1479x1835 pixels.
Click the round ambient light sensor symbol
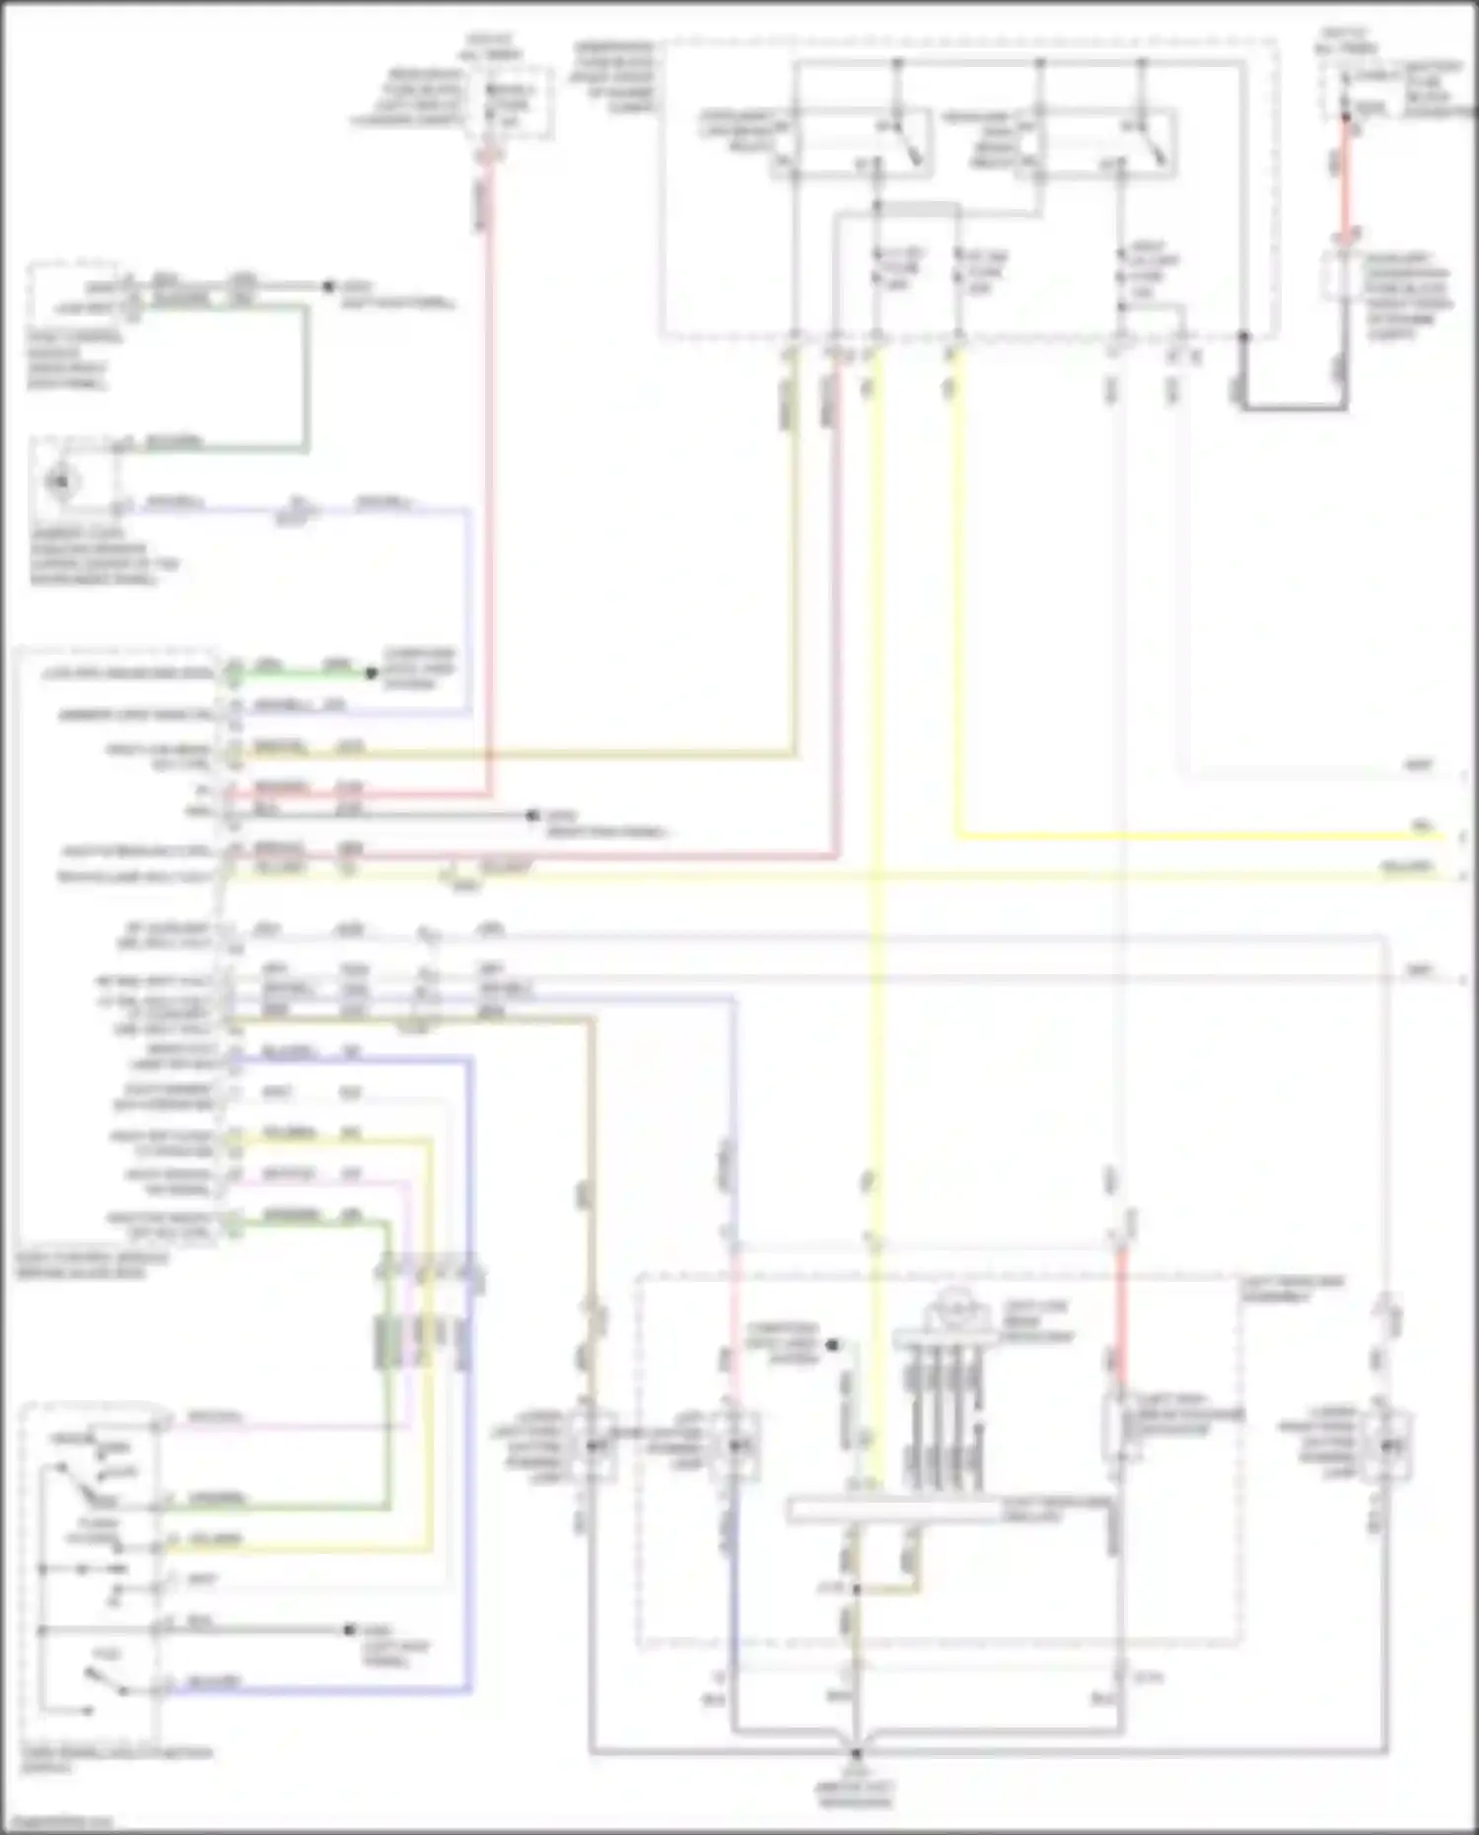62,481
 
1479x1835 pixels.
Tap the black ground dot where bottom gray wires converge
856,1753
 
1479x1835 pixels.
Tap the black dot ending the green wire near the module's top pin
372,673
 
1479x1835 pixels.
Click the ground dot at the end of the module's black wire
533,815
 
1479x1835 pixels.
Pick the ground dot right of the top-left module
329,287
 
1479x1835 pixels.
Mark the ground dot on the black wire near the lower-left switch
349,1630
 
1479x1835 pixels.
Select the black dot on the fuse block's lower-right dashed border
1243,336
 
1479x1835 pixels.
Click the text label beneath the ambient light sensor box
104,557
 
